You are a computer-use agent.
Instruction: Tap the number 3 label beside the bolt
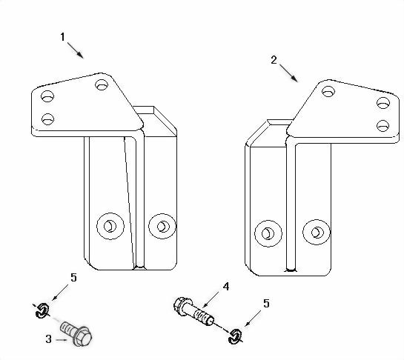(x=48, y=339)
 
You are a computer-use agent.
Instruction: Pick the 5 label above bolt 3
(x=73, y=279)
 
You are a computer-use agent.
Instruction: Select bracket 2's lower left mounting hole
(x=263, y=233)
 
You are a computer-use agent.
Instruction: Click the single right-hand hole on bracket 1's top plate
(x=102, y=85)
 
